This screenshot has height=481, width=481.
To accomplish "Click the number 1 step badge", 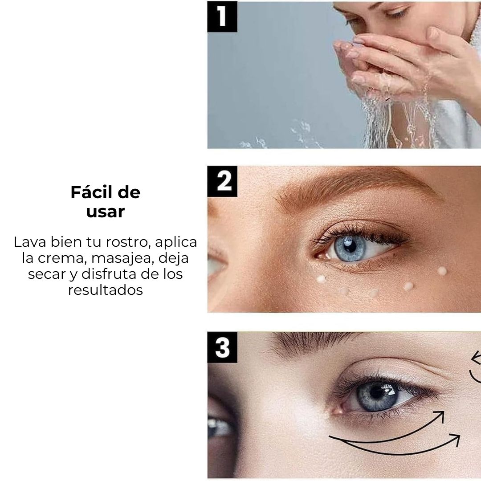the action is [222, 16].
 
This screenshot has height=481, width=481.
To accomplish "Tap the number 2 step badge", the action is [222, 181].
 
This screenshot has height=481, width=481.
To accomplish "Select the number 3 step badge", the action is [222, 347].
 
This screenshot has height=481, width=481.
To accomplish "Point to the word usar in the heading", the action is [105, 212].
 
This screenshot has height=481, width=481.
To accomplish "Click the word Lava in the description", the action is [30, 242].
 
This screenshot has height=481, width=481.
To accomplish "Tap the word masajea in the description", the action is [123, 258].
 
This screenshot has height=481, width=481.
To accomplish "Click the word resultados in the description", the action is [106, 290].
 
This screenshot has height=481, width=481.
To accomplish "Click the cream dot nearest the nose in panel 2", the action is [321, 279].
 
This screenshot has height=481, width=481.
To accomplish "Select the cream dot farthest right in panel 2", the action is [442, 271].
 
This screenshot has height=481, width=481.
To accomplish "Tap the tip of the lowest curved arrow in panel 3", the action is [459, 436].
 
